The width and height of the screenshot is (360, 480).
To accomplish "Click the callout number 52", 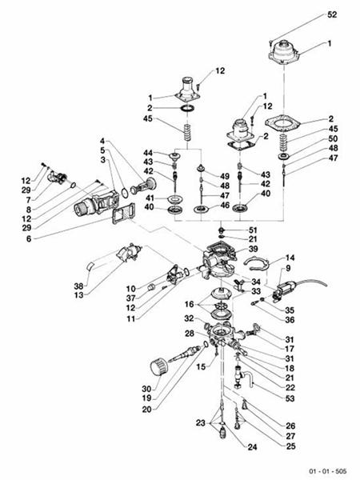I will [x=332, y=15].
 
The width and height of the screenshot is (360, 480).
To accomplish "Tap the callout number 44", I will [x=148, y=152].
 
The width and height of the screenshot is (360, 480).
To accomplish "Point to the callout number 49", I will [x=226, y=175].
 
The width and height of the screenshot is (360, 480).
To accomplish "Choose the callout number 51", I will [x=253, y=229].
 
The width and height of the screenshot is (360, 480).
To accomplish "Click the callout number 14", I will [x=291, y=258].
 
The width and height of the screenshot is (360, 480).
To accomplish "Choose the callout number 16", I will [x=188, y=305].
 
